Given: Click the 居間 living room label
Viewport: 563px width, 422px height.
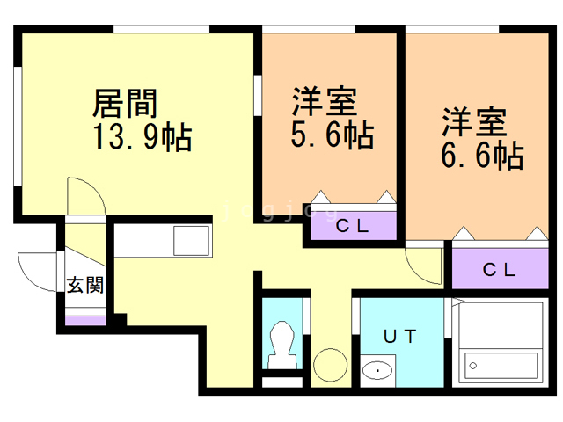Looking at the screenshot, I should pyautogui.click(x=126, y=104).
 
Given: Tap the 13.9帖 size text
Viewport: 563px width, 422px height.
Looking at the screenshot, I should pyautogui.click(x=142, y=137).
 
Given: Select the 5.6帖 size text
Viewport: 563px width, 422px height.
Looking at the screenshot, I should pyautogui.click(x=333, y=135).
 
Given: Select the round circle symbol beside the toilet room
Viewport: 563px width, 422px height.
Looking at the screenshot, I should pyautogui.click(x=331, y=362).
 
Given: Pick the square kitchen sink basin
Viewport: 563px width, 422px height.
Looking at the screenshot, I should pyautogui.click(x=191, y=240).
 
